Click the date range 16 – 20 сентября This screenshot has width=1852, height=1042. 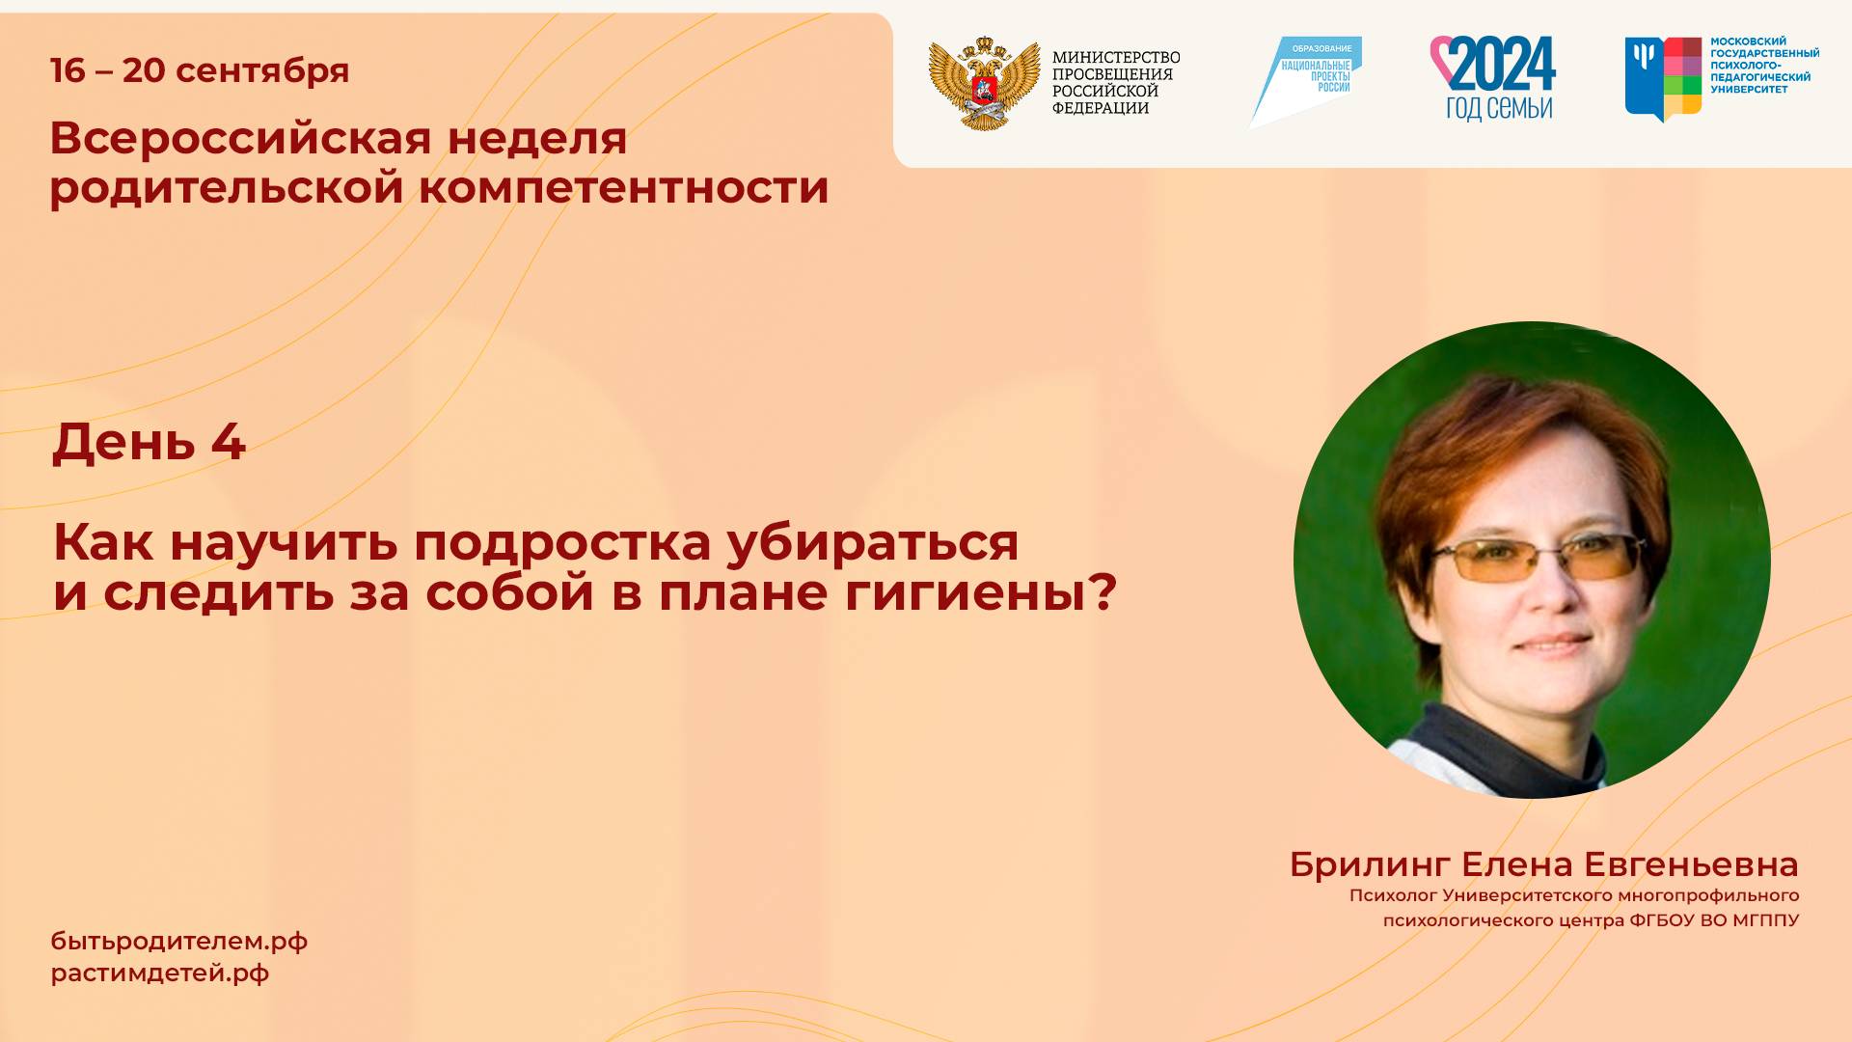click(200, 70)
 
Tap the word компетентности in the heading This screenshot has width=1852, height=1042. click(623, 187)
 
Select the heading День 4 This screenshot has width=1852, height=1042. click(149, 442)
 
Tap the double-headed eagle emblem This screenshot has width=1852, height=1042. click(984, 83)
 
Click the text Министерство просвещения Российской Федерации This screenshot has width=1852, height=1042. click(1115, 83)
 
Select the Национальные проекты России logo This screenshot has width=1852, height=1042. click(1307, 80)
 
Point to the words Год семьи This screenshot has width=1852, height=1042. click(1498, 108)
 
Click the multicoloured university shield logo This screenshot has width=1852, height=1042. click(1663, 77)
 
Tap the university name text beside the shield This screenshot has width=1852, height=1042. click(1764, 66)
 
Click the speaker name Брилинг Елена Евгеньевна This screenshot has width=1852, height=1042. click(1543, 864)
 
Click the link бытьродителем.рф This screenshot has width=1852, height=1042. click(179, 942)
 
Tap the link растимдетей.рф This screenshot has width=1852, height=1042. click(160, 973)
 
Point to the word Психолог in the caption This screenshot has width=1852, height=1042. click(1393, 895)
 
